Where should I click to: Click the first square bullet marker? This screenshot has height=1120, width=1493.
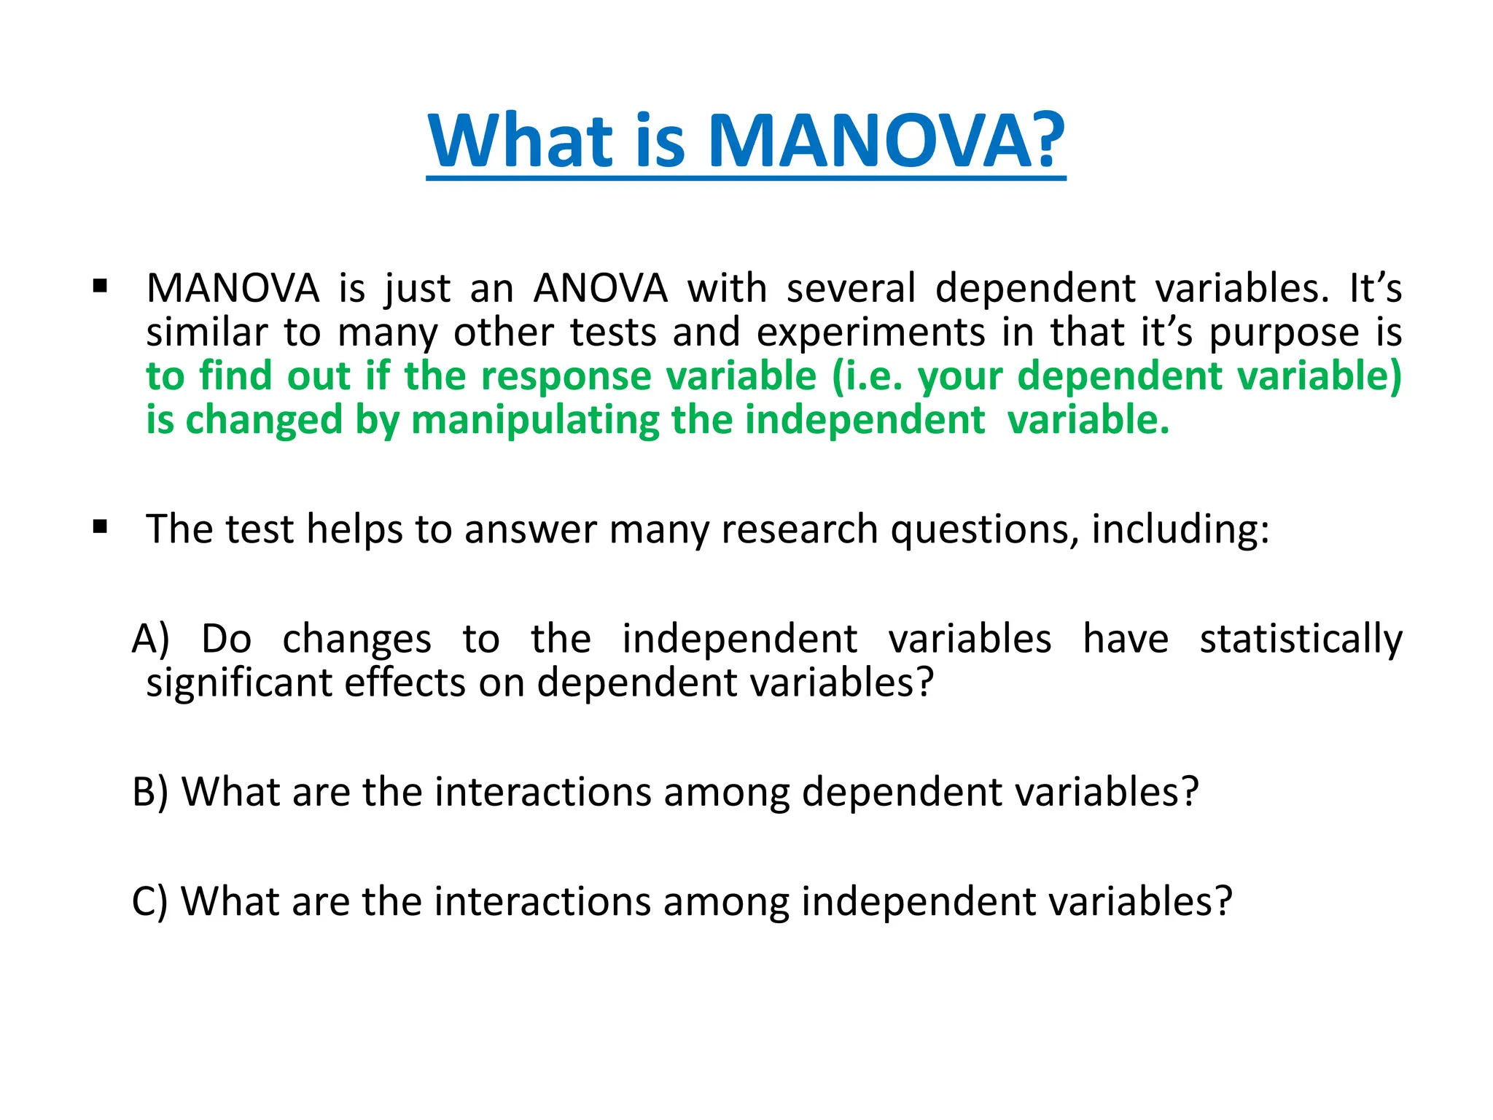pos(101,285)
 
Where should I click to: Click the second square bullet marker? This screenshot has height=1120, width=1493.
pos(101,526)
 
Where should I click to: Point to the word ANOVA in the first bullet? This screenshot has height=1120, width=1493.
pos(601,288)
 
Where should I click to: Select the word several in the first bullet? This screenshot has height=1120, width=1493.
pos(851,288)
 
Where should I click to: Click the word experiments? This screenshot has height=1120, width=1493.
pos(871,332)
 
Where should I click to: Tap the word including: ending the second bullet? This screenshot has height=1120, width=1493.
pos(1180,529)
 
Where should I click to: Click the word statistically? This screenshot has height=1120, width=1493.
pos(1301,639)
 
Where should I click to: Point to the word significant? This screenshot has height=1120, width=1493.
pos(238,683)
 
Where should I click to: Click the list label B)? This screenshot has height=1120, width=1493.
pos(150,792)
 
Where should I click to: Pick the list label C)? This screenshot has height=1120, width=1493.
pos(149,901)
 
